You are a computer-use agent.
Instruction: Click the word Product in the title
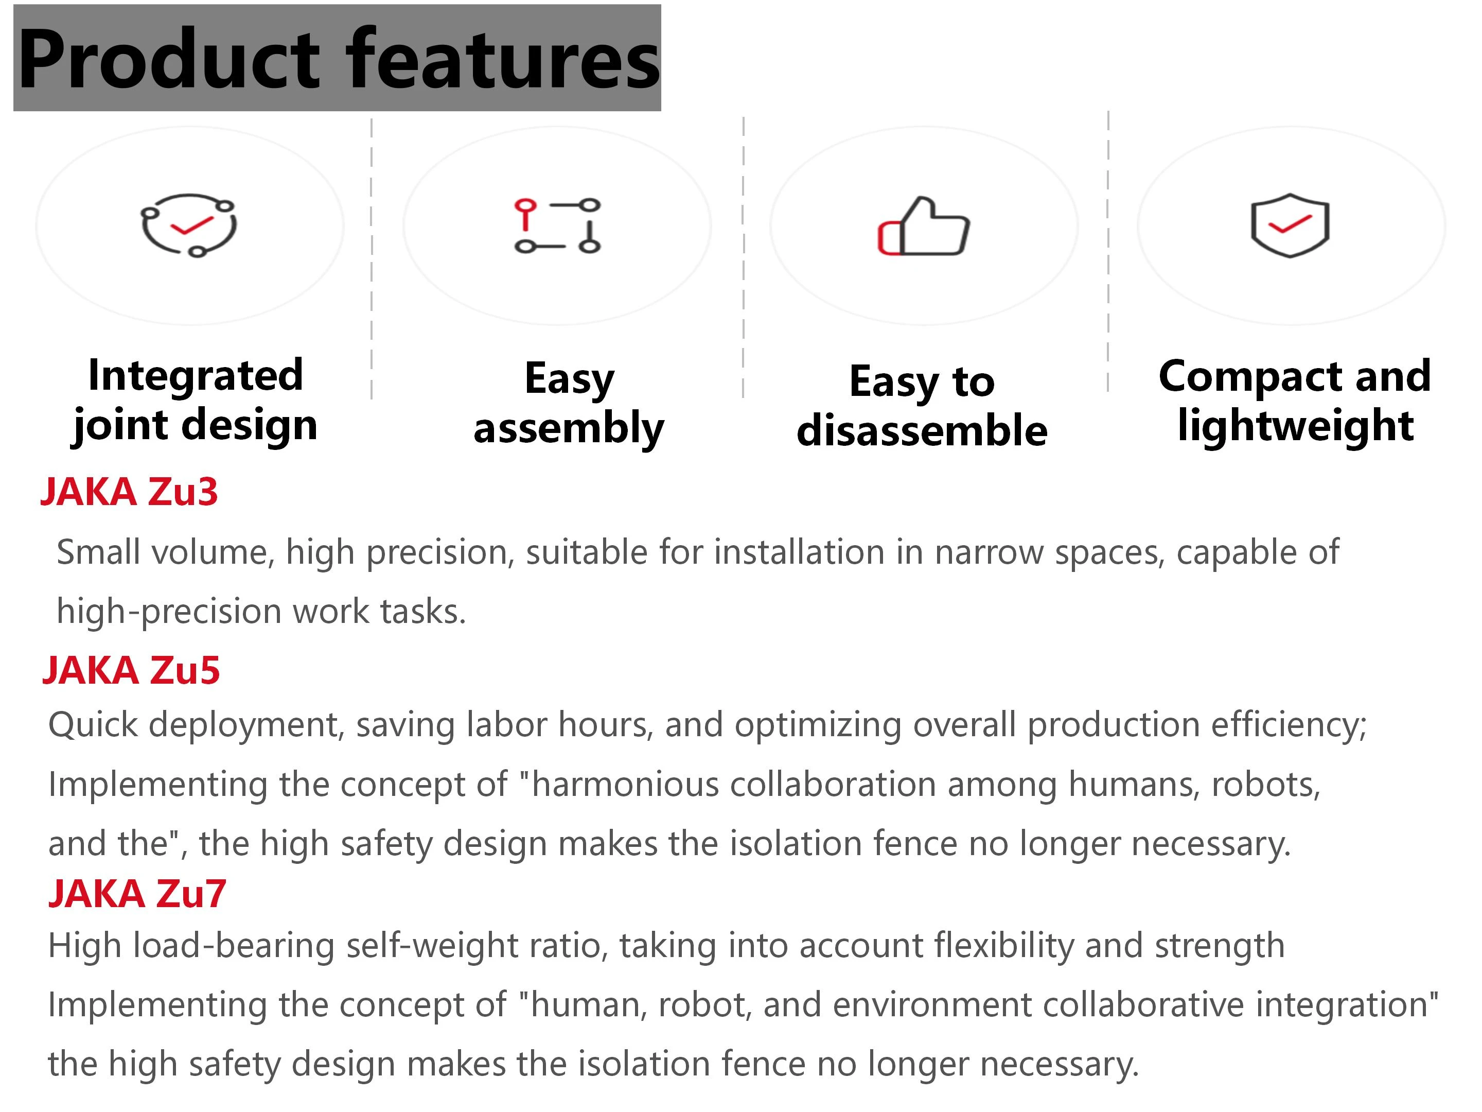tap(169, 59)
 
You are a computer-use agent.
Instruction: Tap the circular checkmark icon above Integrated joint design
tap(188, 225)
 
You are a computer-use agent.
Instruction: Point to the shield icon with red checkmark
tap(1290, 225)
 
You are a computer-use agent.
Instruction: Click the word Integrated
tap(196, 376)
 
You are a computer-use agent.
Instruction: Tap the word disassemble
tap(922, 430)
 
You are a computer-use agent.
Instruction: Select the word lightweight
tap(1295, 426)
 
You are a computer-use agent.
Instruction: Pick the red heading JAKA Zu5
tap(131, 670)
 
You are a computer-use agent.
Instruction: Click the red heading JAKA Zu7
tap(137, 894)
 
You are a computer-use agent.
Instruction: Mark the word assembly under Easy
tap(569, 429)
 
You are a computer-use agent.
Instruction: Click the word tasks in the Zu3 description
tap(422, 611)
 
